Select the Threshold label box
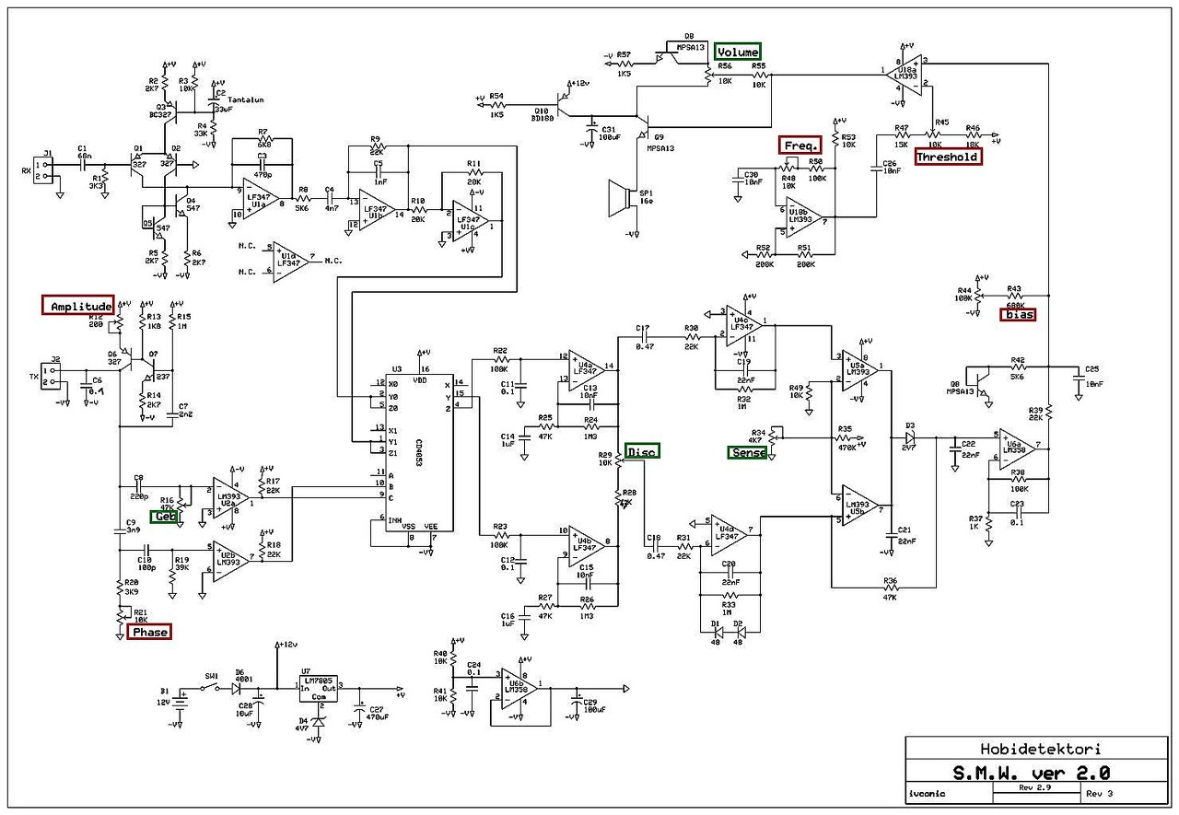pos(948,157)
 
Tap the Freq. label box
pos(801,146)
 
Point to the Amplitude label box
pos(77,306)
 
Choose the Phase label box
pos(149,632)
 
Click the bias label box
pos(1018,314)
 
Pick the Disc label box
pos(642,450)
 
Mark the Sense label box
pos(747,451)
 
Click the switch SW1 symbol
pos(215,686)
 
